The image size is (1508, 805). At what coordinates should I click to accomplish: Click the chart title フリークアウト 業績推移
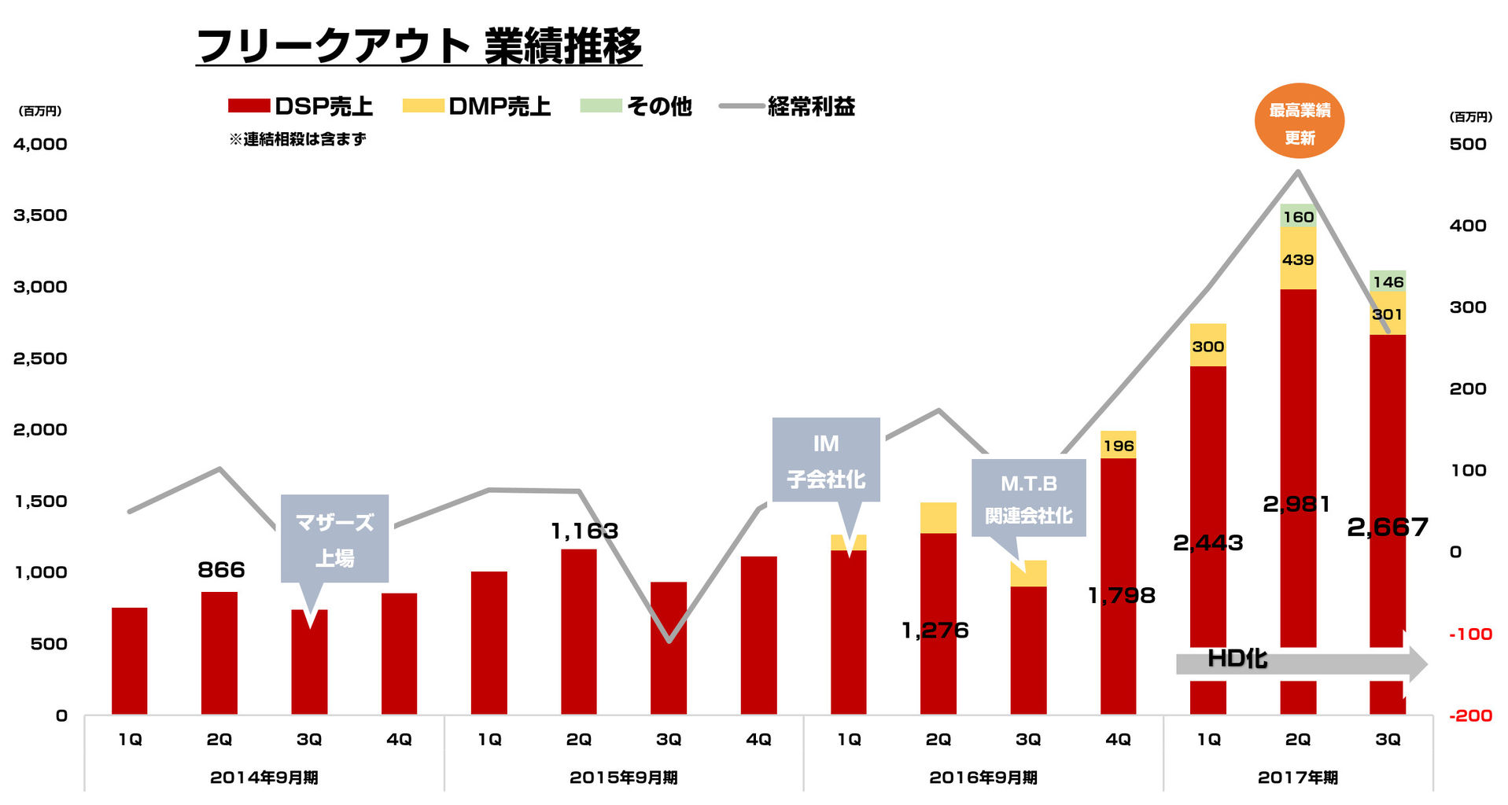click(418, 46)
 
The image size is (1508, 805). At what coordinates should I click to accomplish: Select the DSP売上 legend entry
click(300, 106)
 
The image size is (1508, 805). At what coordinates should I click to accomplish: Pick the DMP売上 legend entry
click(476, 106)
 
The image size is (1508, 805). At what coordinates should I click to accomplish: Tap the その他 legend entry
click(636, 106)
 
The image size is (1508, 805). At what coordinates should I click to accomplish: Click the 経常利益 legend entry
click(787, 106)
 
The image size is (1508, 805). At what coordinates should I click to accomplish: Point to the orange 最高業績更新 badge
click(1299, 121)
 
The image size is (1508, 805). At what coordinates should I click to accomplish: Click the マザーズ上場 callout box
click(334, 539)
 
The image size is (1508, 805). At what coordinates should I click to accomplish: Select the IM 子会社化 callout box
click(825, 460)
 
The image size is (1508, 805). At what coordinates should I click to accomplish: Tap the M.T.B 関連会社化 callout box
click(1028, 498)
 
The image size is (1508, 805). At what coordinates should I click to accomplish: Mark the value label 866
click(221, 570)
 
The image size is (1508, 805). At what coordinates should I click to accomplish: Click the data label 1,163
click(584, 531)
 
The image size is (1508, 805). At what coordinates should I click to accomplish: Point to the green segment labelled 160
click(1298, 216)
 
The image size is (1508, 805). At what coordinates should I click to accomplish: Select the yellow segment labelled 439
click(1298, 259)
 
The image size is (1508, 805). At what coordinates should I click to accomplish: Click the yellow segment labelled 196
click(1118, 446)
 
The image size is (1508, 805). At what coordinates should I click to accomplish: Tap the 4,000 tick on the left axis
click(40, 144)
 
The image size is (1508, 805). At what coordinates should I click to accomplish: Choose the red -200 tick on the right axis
click(1469, 715)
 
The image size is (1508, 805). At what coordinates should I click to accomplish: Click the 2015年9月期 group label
click(623, 777)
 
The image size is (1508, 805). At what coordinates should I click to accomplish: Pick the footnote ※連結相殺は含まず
click(297, 139)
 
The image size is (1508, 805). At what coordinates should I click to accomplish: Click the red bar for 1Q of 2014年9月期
click(129, 660)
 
